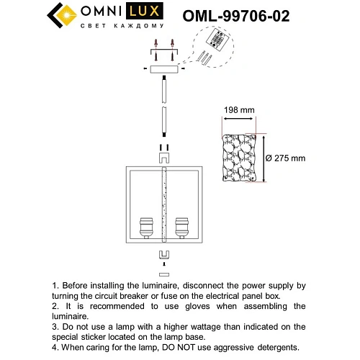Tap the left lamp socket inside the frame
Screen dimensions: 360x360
coord(148,226)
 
